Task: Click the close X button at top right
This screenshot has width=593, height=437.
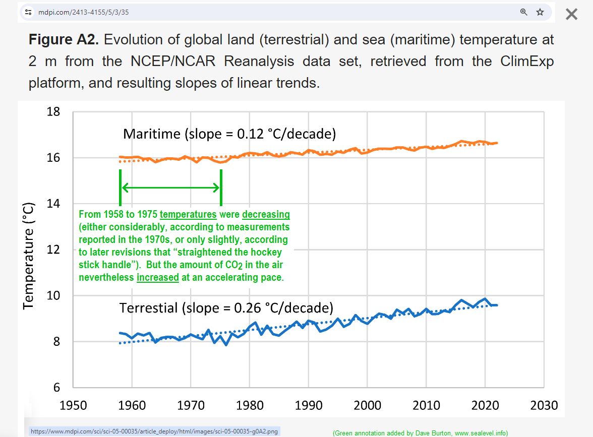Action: pyautogui.click(x=571, y=14)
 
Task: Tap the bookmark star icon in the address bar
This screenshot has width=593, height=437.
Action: pyautogui.click(x=540, y=12)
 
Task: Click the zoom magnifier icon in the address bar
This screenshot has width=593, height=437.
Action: pyautogui.click(x=524, y=12)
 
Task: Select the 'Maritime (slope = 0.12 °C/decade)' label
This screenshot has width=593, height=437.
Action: pyautogui.click(x=229, y=134)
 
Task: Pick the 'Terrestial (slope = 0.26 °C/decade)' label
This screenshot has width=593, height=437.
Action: pyautogui.click(x=226, y=308)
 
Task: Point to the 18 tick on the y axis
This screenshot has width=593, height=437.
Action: pyautogui.click(x=53, y=112)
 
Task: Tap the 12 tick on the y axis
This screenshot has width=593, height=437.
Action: pyautogui.click(x=53, y=250)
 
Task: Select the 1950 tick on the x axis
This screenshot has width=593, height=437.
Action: pyautogui.click(x=74, y=405)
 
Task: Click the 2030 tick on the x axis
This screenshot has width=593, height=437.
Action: pyautogui.click(x=544, y=405)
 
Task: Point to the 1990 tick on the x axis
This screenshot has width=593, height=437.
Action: pyautogui.click(x=309, y=405)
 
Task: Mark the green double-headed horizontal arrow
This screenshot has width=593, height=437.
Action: pyautogui.click(x=171, y=188)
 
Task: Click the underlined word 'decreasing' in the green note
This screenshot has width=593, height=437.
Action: pyautogui.click(x=266, y=214)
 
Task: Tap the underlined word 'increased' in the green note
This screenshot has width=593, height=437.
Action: pyautogui.click(x=158, y=278)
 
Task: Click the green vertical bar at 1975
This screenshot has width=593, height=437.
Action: pyautogui.click(x=221, y=188)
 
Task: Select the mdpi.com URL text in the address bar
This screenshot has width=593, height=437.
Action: pyautogui.click(x=84, y=12)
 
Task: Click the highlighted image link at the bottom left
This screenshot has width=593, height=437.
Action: pyautogui.click(x=154, y=431)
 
